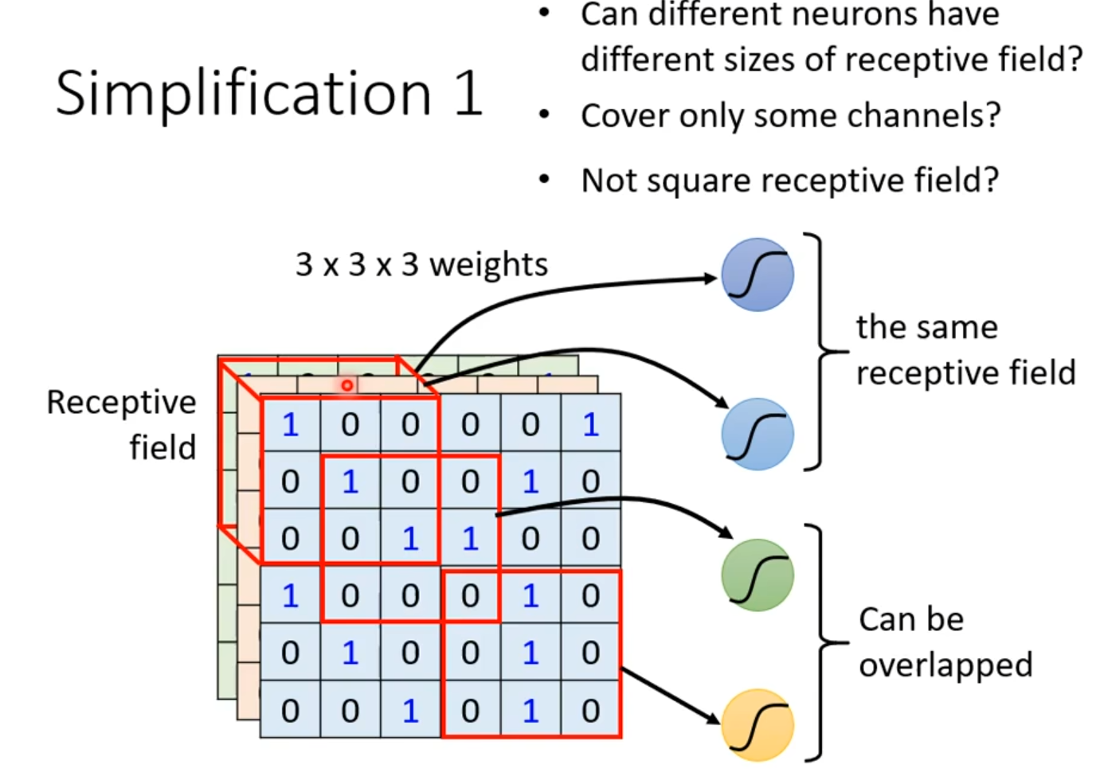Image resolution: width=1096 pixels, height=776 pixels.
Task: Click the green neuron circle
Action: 757,575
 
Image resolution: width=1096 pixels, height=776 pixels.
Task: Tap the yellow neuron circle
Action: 757,725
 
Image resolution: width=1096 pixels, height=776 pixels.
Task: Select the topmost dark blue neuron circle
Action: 757,274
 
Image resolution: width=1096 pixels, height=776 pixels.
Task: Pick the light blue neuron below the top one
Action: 757,434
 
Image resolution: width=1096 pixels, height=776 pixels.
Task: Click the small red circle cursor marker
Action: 346,385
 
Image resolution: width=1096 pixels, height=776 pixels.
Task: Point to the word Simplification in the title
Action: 243,93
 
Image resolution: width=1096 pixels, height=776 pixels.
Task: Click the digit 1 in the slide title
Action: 468,93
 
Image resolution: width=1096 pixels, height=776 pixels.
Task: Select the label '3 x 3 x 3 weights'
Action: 421,264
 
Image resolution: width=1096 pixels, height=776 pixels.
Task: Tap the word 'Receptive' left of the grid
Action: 121,403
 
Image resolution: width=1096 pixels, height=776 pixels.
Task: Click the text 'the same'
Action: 926,327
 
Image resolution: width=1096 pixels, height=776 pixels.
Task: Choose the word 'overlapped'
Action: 945,665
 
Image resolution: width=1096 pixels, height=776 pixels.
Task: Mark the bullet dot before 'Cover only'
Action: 544,115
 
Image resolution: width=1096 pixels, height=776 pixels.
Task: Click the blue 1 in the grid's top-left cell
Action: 290,425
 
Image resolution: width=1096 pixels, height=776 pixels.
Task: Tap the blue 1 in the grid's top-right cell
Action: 590,425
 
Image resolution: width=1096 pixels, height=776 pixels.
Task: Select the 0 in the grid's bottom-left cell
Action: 290,710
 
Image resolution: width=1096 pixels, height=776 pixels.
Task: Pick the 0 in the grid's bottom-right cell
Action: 590,710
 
